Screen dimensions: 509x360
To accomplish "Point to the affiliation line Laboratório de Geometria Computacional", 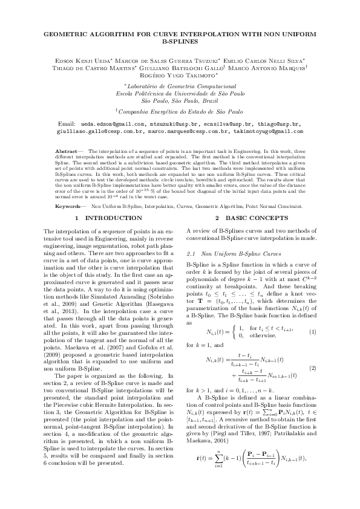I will tap(180, 87).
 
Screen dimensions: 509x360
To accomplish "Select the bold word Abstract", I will tap(66, 149).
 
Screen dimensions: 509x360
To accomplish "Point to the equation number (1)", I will tap(313, 332).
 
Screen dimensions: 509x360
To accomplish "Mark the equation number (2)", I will tap(313, 368).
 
